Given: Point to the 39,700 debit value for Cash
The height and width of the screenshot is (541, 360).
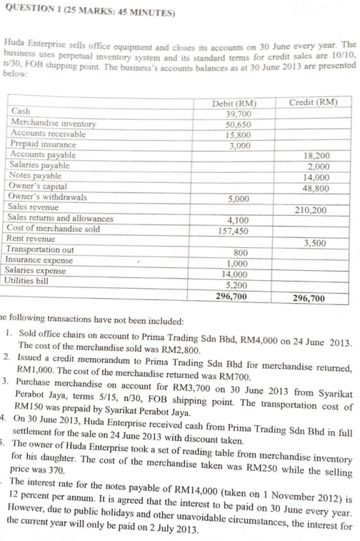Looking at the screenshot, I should pyautogui.click(x=238, y=114).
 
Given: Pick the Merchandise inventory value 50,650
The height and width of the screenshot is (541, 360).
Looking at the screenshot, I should pyautogui.click(x=238, y=124).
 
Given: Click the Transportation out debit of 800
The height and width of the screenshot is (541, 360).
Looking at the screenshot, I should pyautogui.click(x=242, y=252).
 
